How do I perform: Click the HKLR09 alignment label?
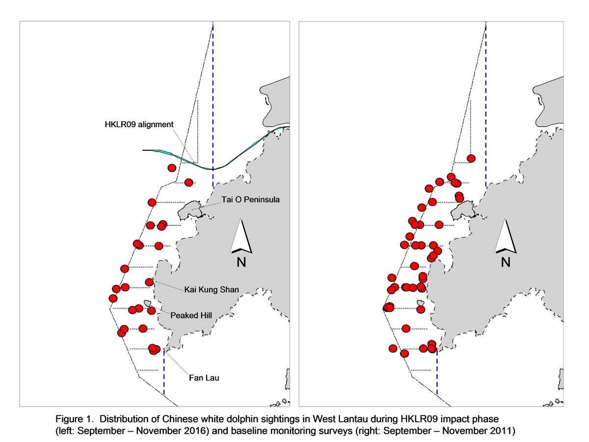click(x=139, y=125)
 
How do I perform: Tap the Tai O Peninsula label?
click(x=250, y=200)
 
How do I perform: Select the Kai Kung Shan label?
click(x=212, y=290)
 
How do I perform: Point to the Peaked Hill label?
click(x=191, y=315)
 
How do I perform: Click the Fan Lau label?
click(x=204, y=378)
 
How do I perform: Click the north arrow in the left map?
click(x=241, y=236)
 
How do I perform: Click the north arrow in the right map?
click(x=506, y=236)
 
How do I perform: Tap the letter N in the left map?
click(x=241, y=262)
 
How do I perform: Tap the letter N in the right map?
click(x=506, y=262)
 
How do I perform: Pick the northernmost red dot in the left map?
click(x=172, y=168)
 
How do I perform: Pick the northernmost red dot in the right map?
click(x=471, y=159)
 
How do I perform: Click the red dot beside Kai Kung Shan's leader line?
click(x=150, y=282)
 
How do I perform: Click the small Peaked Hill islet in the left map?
click(x=147, y=304)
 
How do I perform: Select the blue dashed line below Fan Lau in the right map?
click(x=437, y=372)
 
